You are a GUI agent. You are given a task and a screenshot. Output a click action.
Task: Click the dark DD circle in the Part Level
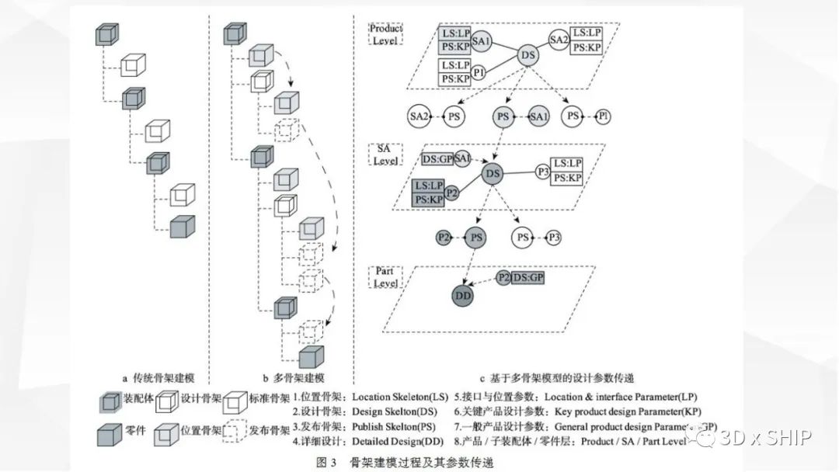coord(464,294)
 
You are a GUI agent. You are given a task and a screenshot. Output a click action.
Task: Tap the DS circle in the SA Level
coord(493,174)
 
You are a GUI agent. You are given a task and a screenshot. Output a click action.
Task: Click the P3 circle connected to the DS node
coord(543,172)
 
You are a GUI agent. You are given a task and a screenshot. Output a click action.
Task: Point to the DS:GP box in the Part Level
coord(529,276)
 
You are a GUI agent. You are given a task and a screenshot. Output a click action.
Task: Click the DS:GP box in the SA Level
coord(437,159)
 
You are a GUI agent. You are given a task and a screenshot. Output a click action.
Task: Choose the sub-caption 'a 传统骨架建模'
coord(159,379)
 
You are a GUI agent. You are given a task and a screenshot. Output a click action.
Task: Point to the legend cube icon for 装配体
coord(109,402)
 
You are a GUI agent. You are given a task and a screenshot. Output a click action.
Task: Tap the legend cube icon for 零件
coord(110,433)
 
